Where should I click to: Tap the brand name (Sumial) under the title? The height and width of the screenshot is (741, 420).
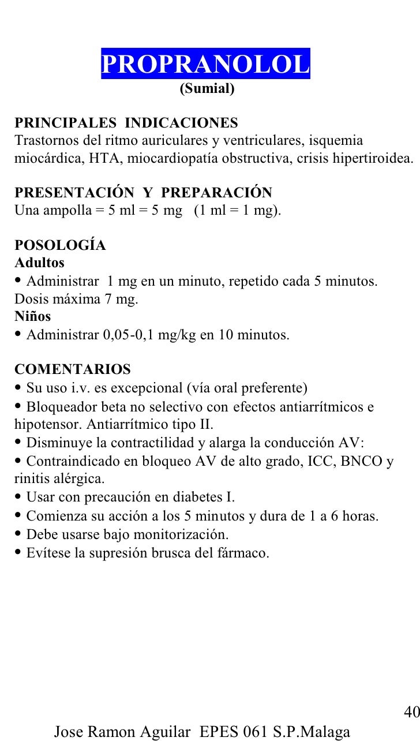point(207,89)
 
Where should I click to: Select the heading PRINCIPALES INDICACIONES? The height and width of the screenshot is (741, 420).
point(126,123)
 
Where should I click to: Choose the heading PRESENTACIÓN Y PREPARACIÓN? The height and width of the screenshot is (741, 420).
point(143,192)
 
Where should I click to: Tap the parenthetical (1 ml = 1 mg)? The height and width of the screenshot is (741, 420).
point(238,210)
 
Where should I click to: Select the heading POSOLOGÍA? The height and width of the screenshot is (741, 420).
point(60,245)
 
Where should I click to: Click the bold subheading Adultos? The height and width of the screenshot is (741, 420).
point(39,263)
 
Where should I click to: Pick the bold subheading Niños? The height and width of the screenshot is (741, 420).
point(32,316)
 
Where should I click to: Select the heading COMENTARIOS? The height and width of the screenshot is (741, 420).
point(73,369)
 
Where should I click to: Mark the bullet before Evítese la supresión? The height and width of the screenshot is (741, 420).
point(18,552)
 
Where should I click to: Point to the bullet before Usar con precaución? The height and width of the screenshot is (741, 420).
point(18,497)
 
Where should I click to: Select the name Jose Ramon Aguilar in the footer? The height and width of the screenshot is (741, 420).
point(122,732)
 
